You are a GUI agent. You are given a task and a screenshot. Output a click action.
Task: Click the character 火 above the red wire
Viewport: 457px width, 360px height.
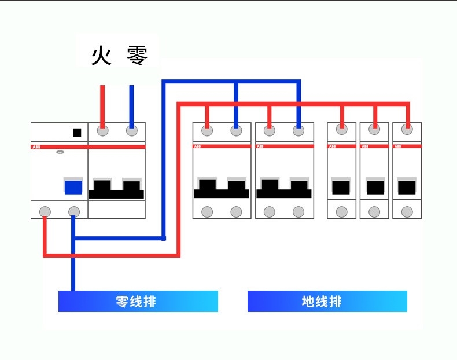tap(101, 56)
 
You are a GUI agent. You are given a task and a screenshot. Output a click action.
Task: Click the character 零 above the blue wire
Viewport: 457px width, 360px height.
tap(137, 56)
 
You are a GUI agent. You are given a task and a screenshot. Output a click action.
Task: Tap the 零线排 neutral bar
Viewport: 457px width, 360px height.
tap(138, 301)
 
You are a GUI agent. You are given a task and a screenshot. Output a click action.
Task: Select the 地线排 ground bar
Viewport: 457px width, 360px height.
tap(327, 301)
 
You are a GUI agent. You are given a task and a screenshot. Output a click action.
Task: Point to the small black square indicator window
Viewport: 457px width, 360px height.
tap(77, 133)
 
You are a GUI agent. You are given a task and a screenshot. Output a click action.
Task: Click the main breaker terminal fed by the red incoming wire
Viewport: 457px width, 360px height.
tap(102, 131)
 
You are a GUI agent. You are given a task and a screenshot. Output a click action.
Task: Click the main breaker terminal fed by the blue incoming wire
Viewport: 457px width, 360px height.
tap(131, 131)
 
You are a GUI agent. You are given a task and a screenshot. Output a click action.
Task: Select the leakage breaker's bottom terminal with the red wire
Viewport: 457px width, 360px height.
tap(45, 211)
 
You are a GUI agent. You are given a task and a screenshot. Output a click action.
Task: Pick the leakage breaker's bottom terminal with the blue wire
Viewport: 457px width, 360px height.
tap(73, 211)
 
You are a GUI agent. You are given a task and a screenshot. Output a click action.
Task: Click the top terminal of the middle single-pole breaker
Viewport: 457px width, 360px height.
tap(375, 131)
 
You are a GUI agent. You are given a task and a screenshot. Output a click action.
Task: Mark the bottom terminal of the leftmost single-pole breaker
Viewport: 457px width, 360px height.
tap(342, 212)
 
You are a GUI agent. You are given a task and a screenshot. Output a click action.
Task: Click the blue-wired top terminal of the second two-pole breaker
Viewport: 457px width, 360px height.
tap(298, 131)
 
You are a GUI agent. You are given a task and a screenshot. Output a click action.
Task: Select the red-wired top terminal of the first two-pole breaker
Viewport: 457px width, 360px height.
tap(207, 131)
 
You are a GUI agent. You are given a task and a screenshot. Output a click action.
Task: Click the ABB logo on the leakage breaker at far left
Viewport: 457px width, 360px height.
tap(36, 148)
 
